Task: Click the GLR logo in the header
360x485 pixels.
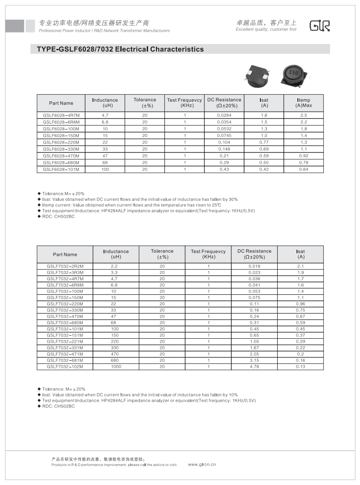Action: tap(319, 26)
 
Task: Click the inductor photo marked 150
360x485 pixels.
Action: tap(293, 73)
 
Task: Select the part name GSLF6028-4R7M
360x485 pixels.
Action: tap(61, 115)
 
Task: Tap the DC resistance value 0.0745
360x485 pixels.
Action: tap(224, 136)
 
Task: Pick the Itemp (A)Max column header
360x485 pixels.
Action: tap(304, 103)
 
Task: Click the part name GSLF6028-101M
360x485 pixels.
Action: tap(61, 170)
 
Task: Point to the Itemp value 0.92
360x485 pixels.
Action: tap(304, 156)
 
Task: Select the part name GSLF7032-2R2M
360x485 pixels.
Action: tap(65, 267)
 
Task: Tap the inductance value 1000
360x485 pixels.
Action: tap(116, 367)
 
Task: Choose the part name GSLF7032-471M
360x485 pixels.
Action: tap(65, 354)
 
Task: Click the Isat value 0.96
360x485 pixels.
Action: tap(301, 304)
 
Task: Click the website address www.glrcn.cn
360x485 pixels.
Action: tap(202, 464)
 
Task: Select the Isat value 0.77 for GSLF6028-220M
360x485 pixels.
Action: tap(264, 142)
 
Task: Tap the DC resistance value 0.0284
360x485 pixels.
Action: tap(224, 115)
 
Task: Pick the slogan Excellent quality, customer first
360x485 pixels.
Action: tap(266, 30)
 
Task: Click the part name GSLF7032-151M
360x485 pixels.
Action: tap(65, 335)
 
